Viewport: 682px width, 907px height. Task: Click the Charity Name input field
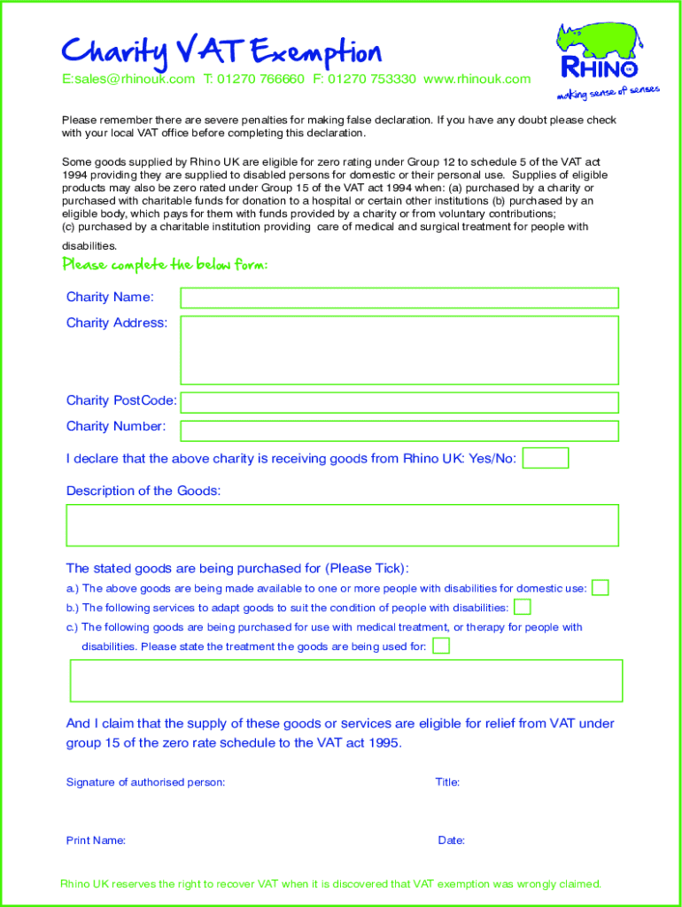[399, 298]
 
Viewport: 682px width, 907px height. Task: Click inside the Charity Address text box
[399, 350]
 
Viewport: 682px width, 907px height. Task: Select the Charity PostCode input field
[399, 402]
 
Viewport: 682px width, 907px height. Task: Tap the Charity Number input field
[399, 430]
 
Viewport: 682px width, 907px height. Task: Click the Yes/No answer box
[546, 458]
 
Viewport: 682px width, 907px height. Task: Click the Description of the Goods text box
[342, 525]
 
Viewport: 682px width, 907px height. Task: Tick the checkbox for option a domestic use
[601, 587]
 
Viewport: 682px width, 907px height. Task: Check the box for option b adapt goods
[523, 607]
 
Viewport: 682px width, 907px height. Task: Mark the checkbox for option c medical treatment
[441, 646]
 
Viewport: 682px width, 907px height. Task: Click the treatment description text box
[345, 680]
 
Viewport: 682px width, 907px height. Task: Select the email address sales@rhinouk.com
[128, 79]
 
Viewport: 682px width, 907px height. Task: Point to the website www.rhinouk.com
[477, 79]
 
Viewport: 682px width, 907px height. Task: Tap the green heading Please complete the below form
[165, 265]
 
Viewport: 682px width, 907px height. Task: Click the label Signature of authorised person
[145, 782]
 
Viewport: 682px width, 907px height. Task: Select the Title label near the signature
[447, 782]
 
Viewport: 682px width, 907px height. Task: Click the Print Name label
[96, 841]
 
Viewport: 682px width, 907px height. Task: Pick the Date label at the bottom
[452, 841]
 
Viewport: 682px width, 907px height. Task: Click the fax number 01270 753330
[371, 79]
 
